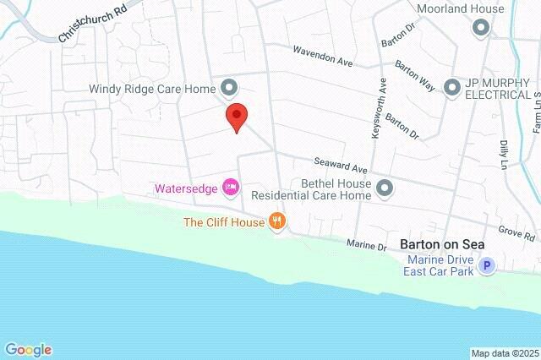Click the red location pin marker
click(x=237, y=117)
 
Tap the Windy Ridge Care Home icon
click(x=229, y=87)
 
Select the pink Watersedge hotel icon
click(x=229, y=187)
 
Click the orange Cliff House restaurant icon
click(x=277, y=222)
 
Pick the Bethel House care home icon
click(x=385, y=188)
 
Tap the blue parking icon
click(x=486, y=266)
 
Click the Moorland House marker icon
click(x=481, y=28)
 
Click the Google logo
click(x=28, y=350)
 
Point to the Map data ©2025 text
click(x=504, y=353)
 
